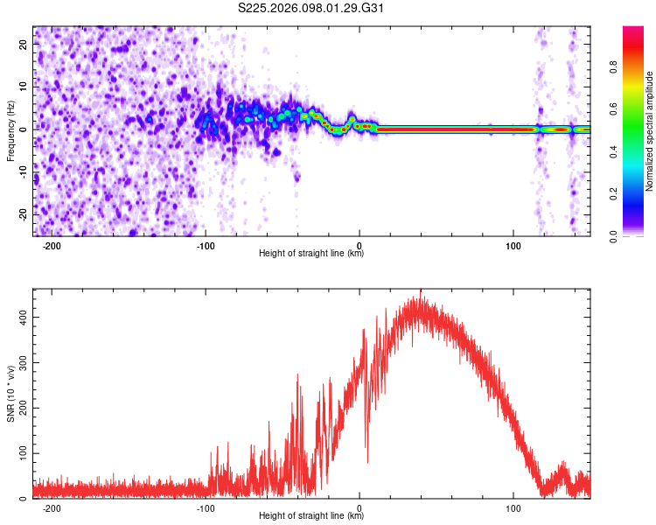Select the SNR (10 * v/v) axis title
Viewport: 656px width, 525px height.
10,396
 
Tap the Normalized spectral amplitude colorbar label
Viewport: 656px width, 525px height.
650,131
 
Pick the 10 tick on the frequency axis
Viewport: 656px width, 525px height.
24,87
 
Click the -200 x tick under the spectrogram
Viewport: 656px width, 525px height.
51,246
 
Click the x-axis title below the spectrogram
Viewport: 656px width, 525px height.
311,254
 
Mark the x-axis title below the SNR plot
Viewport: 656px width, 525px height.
311,516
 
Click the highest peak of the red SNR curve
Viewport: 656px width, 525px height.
421,291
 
